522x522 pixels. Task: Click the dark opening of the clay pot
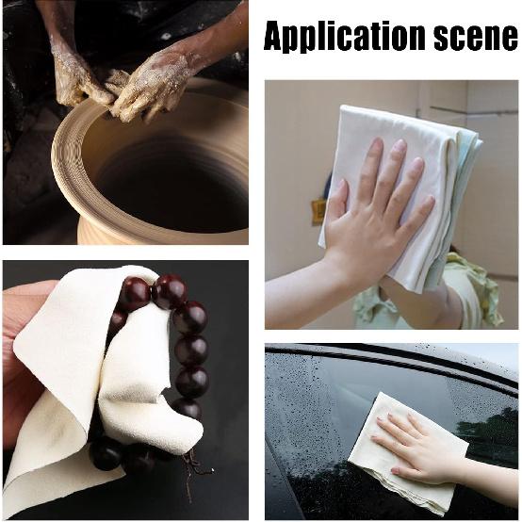click(x=170, y=179)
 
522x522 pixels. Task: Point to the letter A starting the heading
click(x=275, y=36)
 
